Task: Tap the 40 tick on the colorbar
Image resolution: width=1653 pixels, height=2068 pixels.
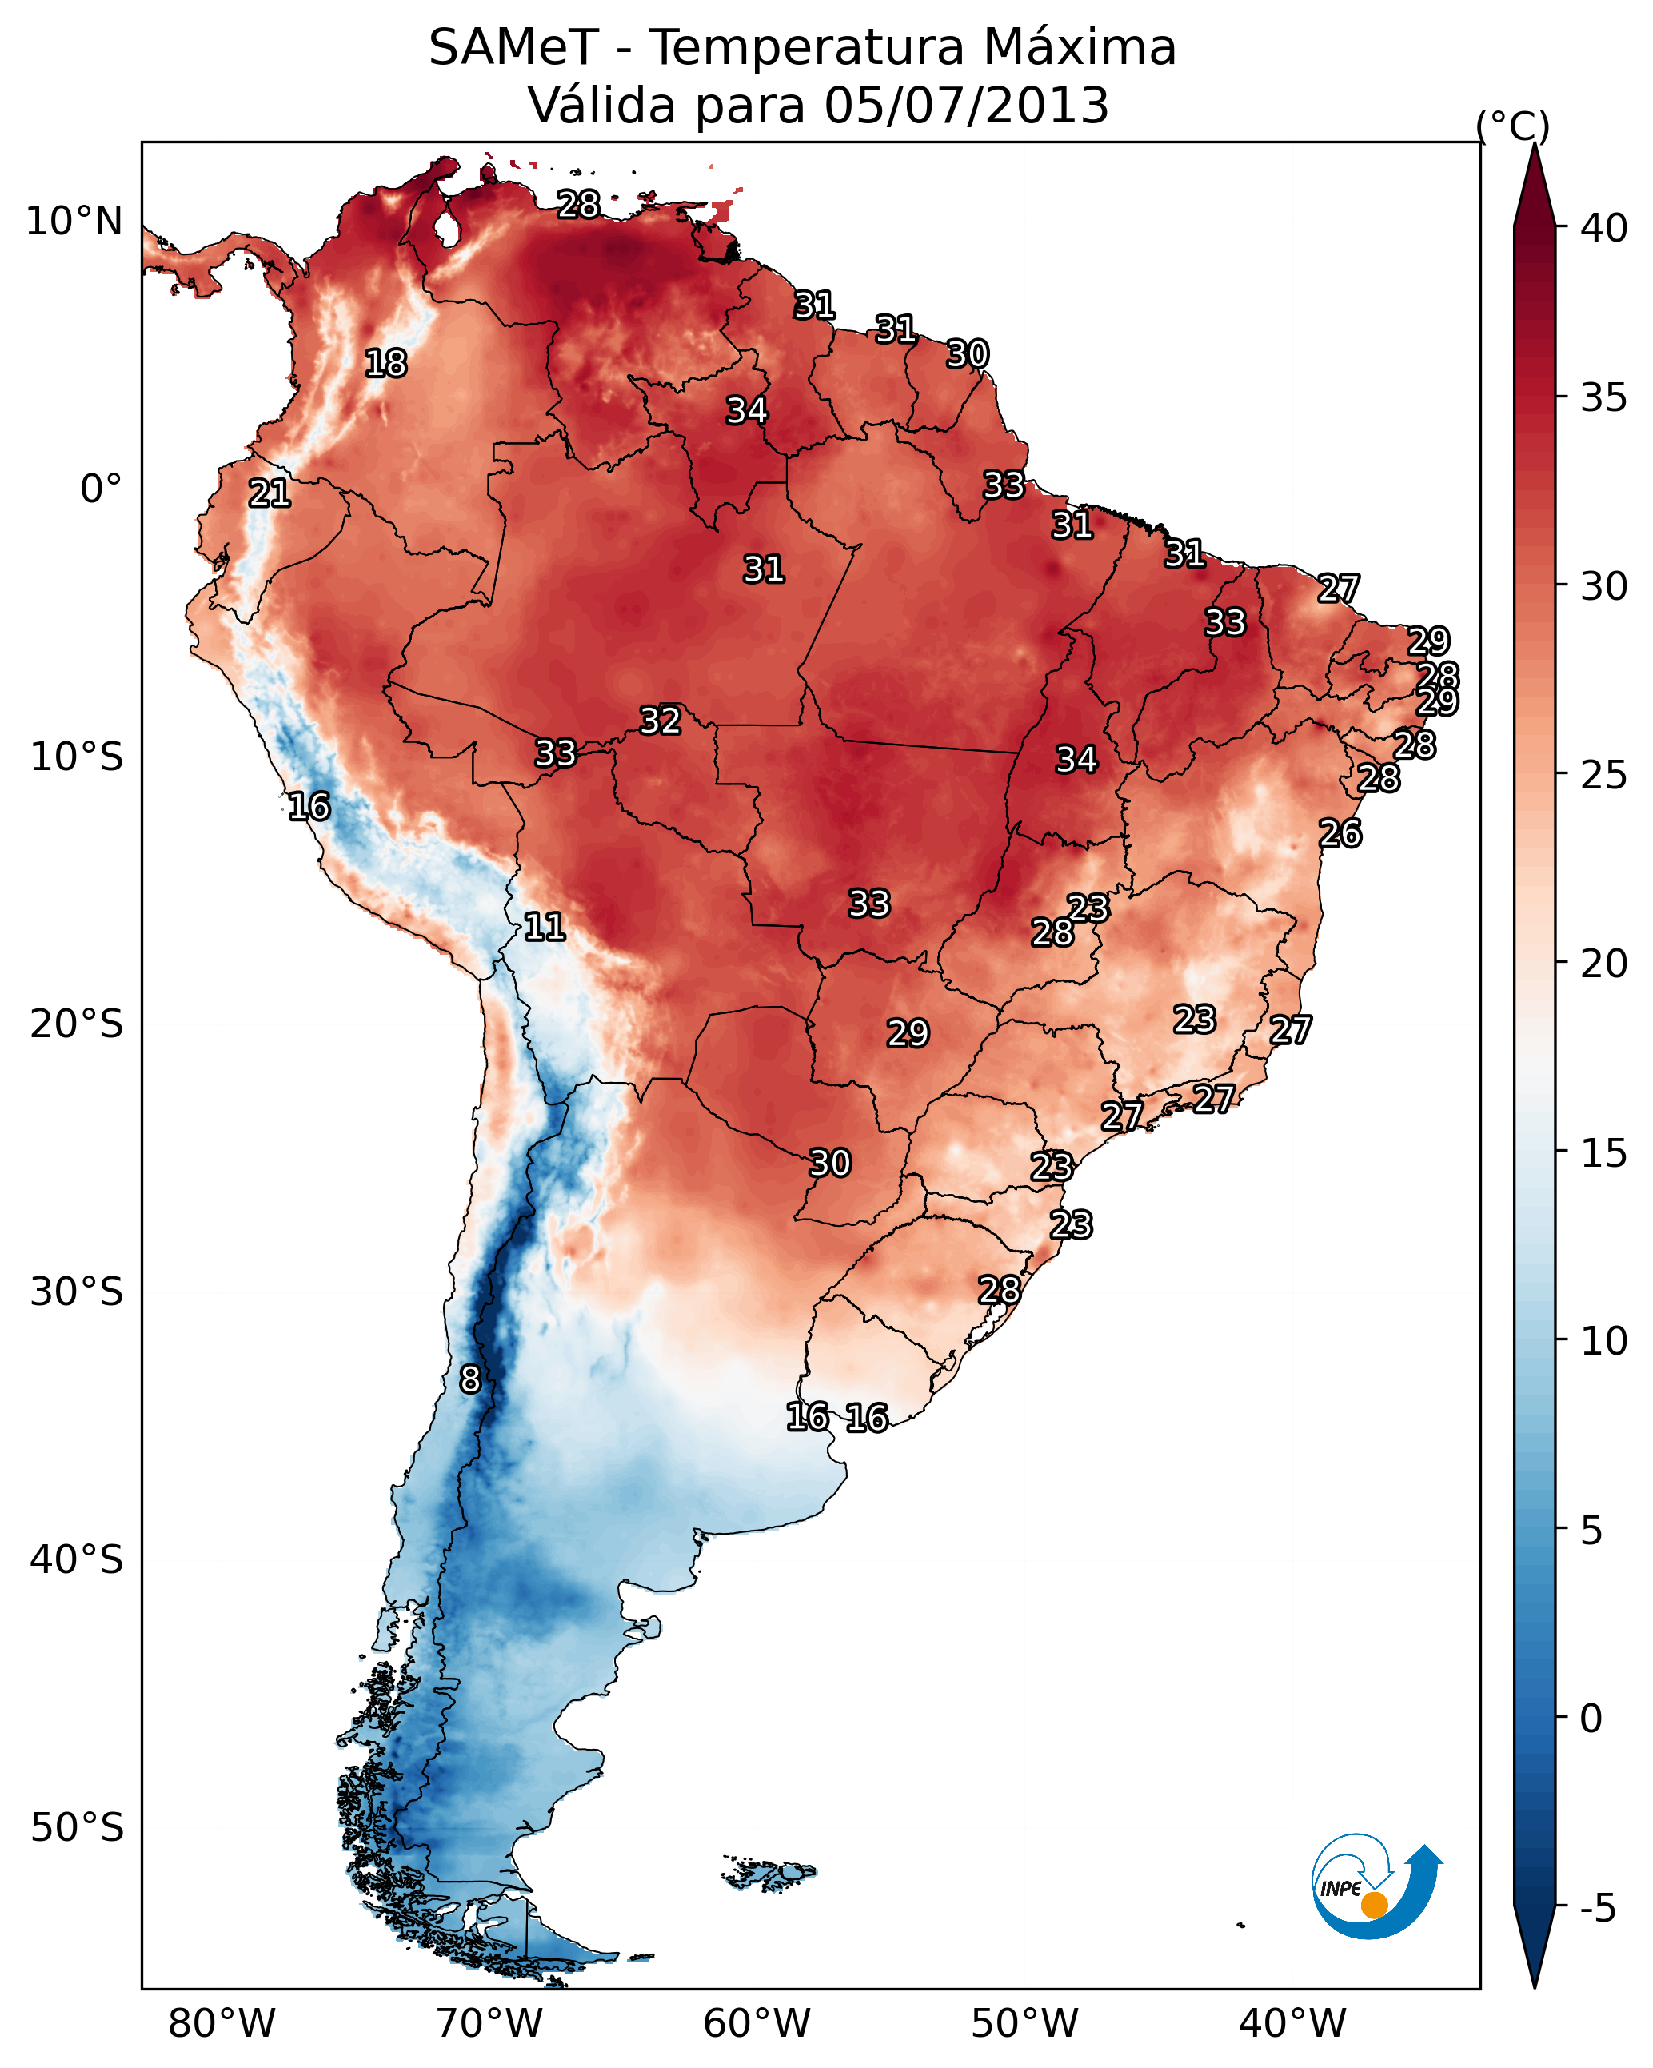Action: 1603,228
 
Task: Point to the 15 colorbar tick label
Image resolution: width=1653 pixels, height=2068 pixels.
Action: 1603,1153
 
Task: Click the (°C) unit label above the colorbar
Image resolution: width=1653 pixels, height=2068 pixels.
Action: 1513,126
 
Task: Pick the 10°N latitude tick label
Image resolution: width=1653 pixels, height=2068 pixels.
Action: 74,222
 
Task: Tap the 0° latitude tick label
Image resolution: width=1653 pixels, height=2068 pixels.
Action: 101,489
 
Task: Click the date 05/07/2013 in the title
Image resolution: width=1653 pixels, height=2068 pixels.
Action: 966,106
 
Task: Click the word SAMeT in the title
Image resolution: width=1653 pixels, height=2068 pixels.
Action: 513,48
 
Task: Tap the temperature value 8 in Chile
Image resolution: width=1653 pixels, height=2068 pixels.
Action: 470,1379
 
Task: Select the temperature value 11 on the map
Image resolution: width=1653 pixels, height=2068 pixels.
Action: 544,927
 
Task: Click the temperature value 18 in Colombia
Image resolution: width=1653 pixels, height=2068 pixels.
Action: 385,364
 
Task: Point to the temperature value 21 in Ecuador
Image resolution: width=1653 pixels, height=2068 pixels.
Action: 270,494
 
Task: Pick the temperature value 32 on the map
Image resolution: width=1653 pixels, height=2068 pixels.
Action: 660,721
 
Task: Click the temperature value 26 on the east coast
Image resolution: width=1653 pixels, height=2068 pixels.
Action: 1340,833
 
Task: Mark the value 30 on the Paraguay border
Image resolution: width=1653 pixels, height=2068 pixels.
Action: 830,1164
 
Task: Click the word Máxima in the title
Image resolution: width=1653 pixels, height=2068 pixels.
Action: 1070,48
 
